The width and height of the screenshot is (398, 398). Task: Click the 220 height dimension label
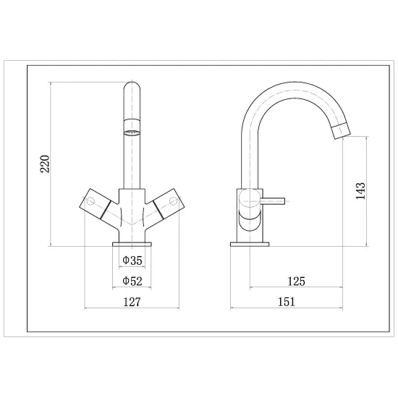(45, 164)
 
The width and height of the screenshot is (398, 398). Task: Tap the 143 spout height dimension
(360, 191)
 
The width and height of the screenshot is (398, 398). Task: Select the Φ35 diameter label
(132, 261)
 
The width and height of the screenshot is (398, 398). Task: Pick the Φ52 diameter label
(132, 281)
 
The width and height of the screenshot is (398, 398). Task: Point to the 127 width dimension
(132, 302)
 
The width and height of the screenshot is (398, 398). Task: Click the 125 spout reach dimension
(296, 281)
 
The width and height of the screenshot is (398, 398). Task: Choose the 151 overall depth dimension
(287, 302)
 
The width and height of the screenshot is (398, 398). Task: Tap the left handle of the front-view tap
(96, 203)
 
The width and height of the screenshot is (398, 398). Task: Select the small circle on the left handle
(90, 202)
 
